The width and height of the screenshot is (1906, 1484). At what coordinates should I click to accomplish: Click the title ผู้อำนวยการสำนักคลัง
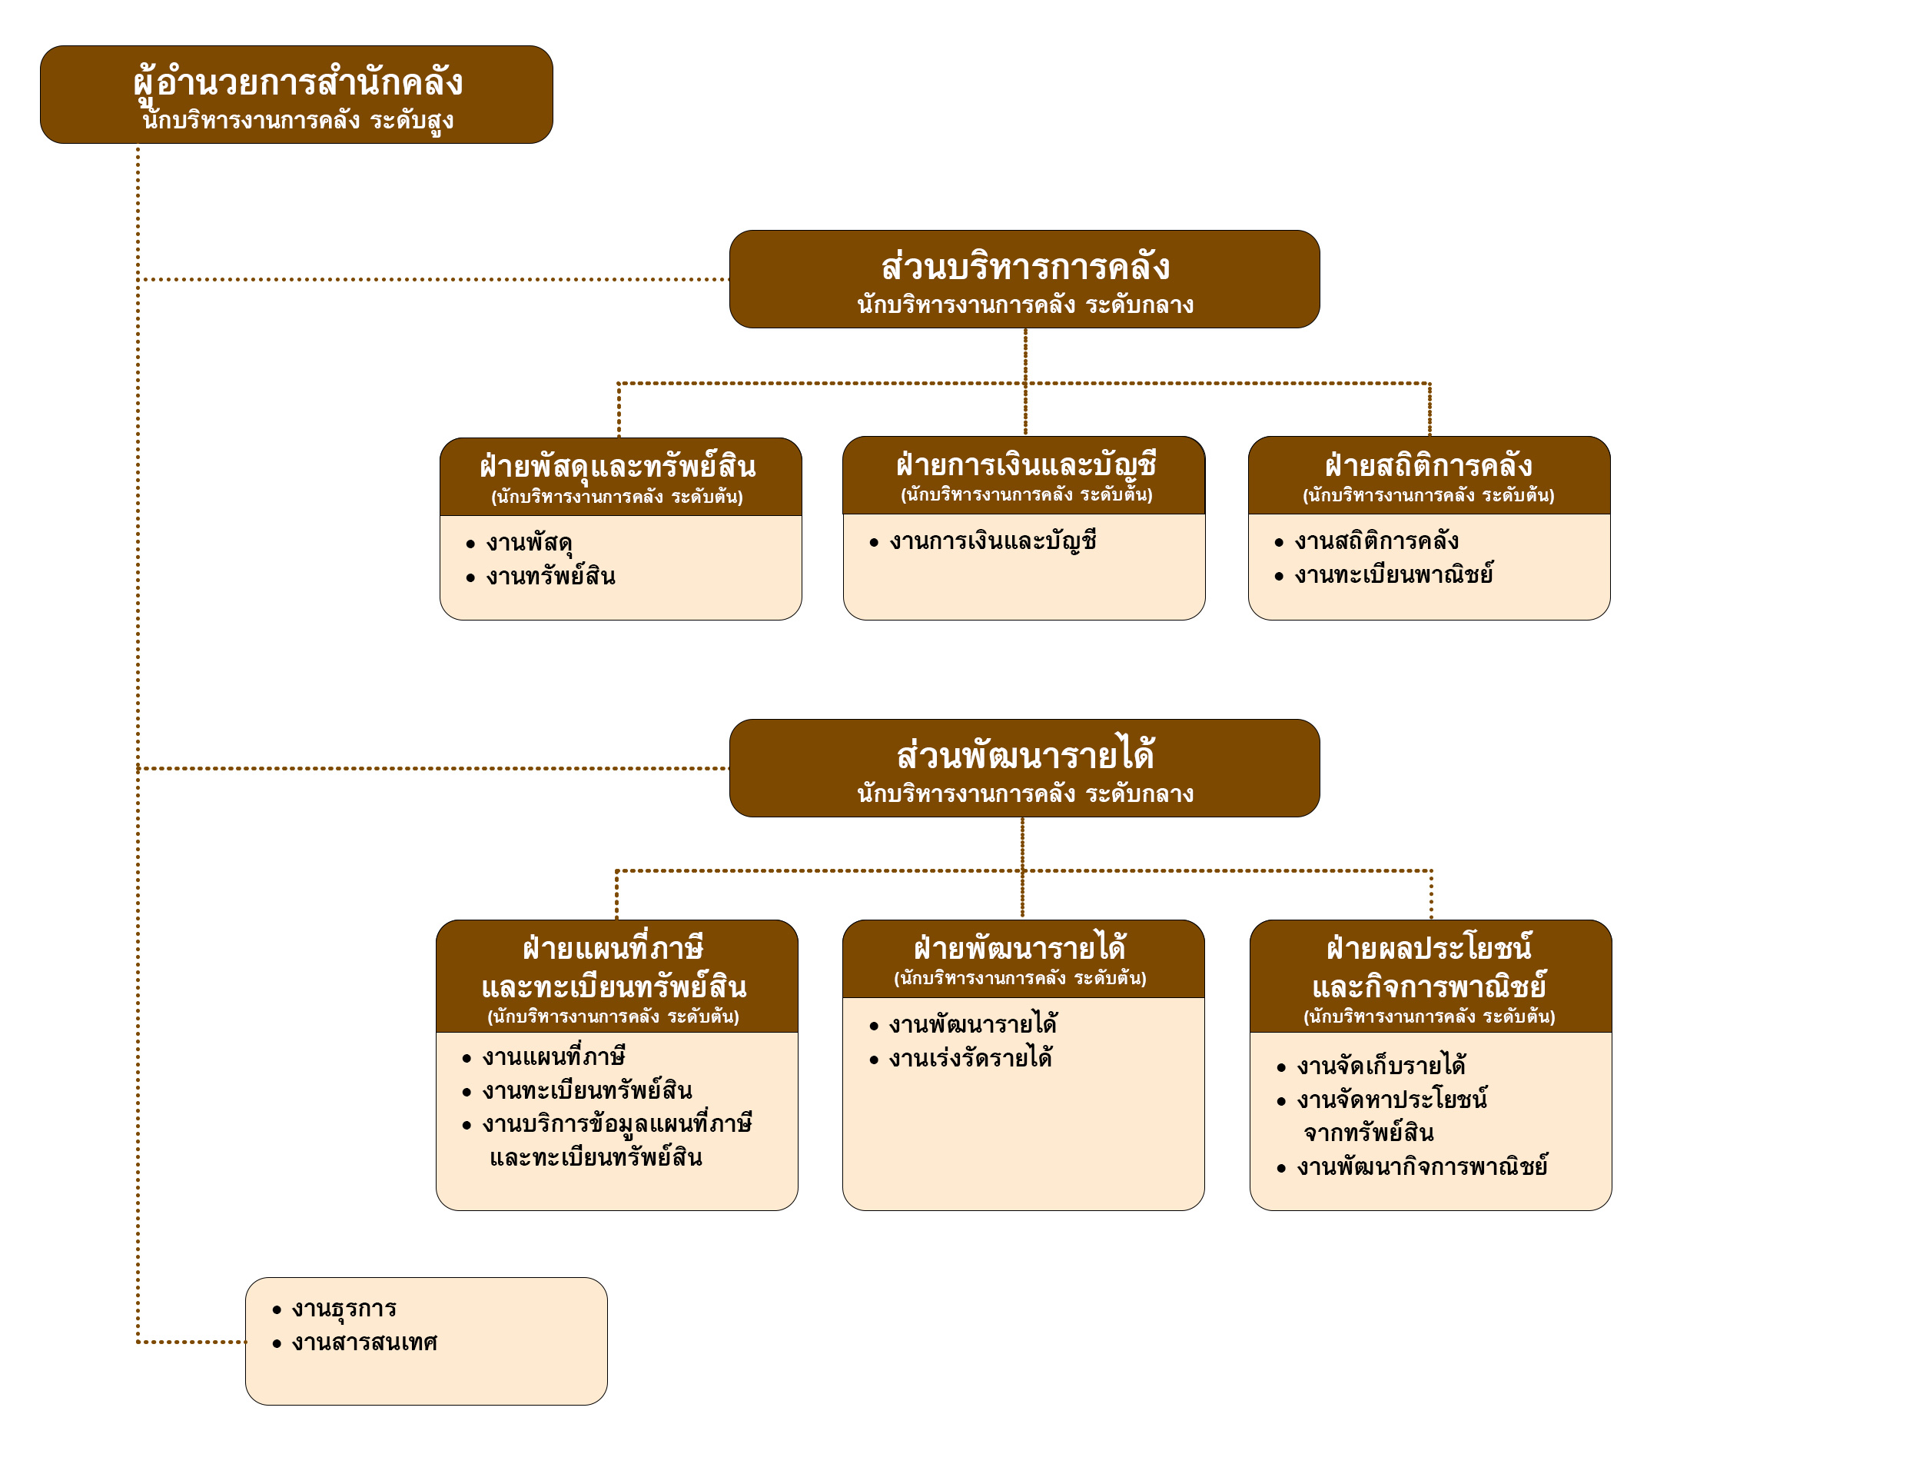pyautogui.click(x=297, y=82)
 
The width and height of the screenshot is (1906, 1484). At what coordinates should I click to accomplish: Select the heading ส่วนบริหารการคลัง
pyautogui.click(x=1024, y=267)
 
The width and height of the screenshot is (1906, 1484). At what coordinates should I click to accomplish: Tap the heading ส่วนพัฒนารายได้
pyautogui.click(x=1024, y=756)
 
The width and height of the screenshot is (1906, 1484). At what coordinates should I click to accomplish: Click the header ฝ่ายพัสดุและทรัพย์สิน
pyautogui.click(x=618, y=466)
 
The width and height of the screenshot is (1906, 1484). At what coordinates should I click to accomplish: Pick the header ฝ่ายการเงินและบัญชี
pyautogui.click(x=1025, y=464)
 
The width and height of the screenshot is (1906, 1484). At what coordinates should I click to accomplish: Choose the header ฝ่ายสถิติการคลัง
pyautogui.click(x=1429, y=465)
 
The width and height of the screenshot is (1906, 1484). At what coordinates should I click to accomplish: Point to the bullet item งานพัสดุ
pyautogui.click(x=529, y=543)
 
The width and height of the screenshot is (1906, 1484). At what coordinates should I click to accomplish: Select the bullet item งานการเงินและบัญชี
pyautogui.click(x=993, y=541)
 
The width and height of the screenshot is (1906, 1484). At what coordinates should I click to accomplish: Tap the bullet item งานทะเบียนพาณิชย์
pyautogui.click(x=1393, y=575)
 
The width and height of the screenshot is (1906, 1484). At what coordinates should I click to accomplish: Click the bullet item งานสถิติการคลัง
pyautogui.click(x=1376, y=541)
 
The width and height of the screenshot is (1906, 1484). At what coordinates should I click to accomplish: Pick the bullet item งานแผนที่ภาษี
pyautogui.click(x=553, y=1057)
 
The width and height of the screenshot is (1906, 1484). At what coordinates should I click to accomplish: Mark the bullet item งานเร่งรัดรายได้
pyautogui.click(x=971, y=1059)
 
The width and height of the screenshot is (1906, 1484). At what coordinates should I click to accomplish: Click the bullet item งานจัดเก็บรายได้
pyautogui.click(x=1380, y=1066)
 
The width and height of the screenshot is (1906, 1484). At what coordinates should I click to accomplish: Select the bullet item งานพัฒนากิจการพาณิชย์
pyautogui.click(x=1422, y=1167)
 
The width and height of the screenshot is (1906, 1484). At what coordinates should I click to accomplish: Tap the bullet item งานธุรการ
pyautogui.click(x=344, y=1309)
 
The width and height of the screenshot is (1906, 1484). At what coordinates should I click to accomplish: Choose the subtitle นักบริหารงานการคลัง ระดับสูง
pyautogui.click(x=297, y=121)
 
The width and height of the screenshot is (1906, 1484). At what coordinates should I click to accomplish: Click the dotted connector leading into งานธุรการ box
pyautogui.click(x=192, y=1342)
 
